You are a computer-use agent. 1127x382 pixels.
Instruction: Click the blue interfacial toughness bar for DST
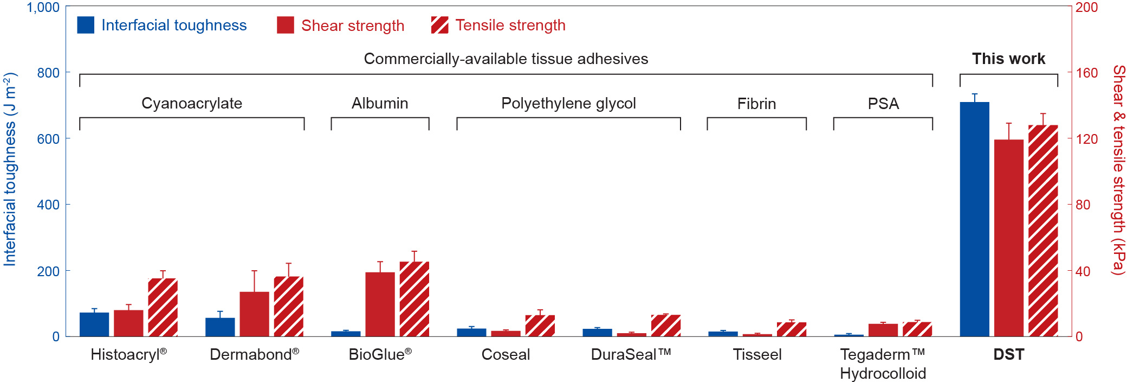tap(974, 219)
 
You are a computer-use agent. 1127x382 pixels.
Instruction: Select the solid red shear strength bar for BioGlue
tap(380, 304)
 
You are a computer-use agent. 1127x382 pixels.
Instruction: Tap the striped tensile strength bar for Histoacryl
tap(163, 308)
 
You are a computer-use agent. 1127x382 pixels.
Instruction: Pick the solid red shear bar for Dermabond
tap(254, 314)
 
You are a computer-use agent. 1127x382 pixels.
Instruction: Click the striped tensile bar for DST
tap(1043, 231)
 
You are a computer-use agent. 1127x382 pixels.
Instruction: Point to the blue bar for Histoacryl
tap(94, 324)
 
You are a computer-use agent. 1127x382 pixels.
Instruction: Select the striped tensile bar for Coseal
tap(540, 326)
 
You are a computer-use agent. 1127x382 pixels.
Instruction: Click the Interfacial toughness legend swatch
tap(86, 25)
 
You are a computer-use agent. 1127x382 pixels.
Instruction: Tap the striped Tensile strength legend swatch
tap(439, 25)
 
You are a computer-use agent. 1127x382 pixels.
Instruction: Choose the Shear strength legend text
tap(353, 26)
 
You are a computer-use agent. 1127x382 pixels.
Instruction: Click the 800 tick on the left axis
tap(48, 73)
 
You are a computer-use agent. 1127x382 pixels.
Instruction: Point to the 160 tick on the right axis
tap(1086, 73)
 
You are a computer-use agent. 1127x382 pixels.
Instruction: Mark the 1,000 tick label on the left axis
tap(43, 8)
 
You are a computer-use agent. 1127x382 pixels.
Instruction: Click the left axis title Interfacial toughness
tap(10, 169)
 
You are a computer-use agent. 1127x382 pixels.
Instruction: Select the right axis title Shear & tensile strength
tap(1118, 169)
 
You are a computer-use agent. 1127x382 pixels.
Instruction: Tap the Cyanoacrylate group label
tap(192, 103)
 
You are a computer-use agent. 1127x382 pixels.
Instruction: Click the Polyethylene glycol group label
tap(568, 103)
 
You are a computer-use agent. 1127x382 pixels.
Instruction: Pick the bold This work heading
tap(1008, 59)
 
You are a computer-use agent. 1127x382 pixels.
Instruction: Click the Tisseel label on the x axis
tap(757, 354)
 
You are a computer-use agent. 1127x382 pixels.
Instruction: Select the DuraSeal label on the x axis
tap(631, 354)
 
